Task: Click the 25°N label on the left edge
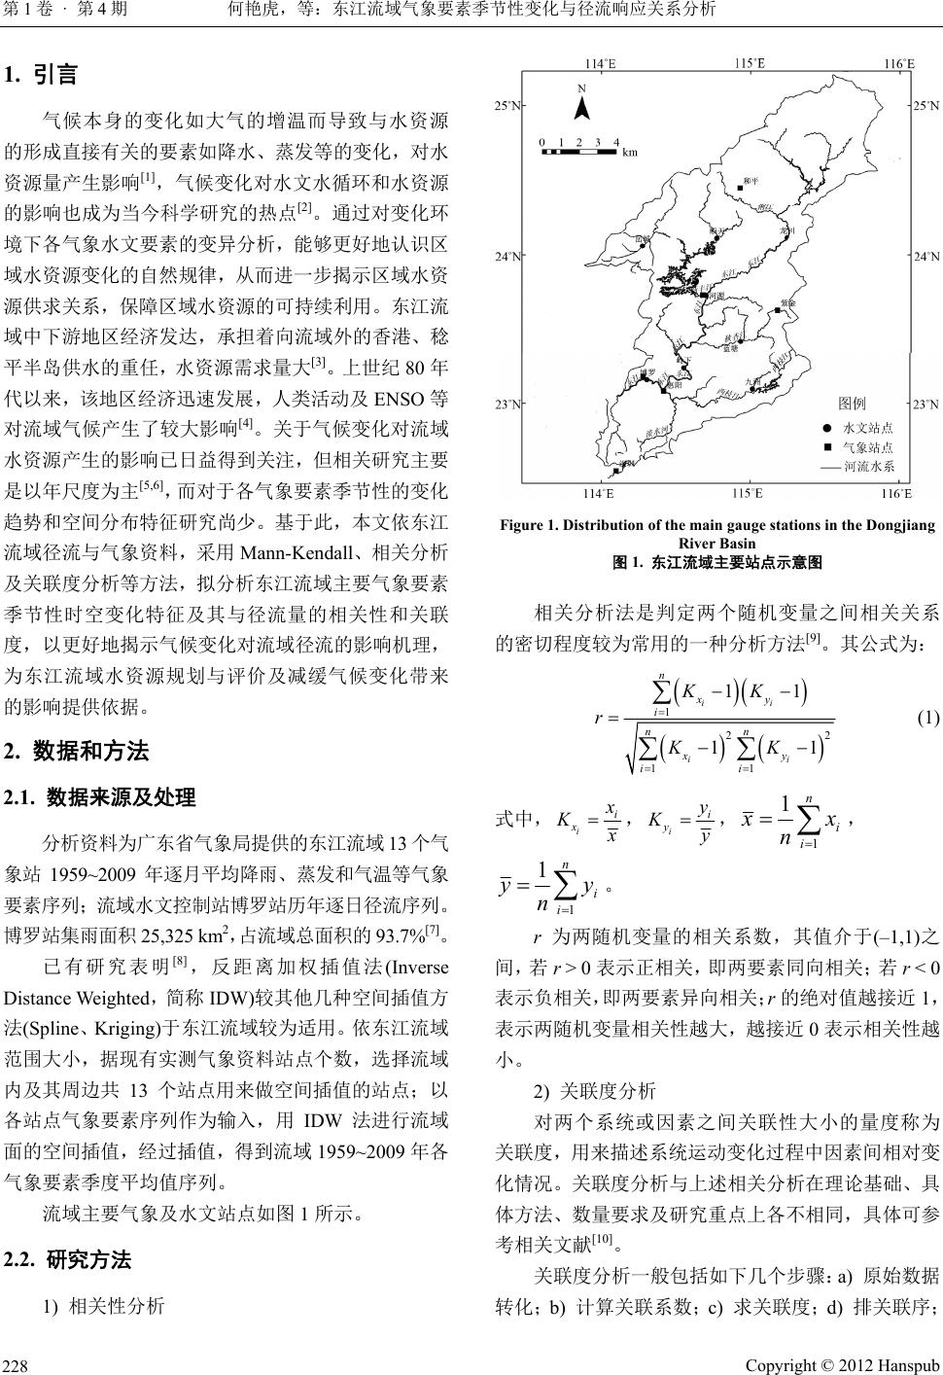(506, 104)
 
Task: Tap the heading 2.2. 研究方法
(67, 1260)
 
